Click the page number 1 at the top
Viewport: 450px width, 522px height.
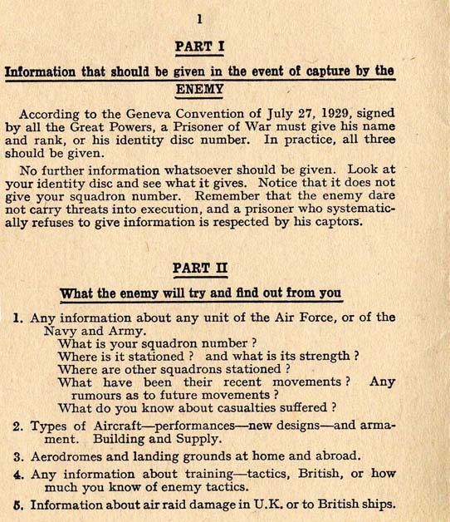(x=198, y=18)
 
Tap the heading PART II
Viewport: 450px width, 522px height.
(x=198, y=268)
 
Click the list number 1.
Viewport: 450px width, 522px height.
(x=18, y=318)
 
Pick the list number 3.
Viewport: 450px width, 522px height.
(x=18, y=456)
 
